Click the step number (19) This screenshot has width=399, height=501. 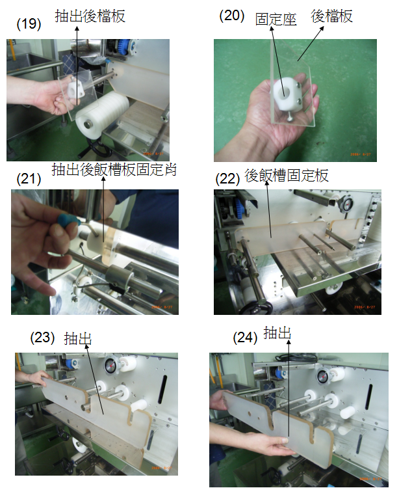pos(29,24)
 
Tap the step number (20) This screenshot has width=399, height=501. pos(232,16)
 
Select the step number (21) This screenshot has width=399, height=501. pos(29,179)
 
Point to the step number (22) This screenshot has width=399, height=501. pos(227,179)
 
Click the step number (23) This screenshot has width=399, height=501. pos(42,338)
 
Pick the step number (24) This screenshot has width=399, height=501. pos(245,338)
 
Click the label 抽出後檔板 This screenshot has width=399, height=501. pos(90,16)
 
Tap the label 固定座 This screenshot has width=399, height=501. pos(276,20)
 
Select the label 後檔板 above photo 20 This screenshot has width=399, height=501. pos(332,16)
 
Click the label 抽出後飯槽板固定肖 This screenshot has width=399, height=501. pos(114,169)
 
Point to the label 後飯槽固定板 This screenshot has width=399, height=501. pos(287,176)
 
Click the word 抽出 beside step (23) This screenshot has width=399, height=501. pos(78,339)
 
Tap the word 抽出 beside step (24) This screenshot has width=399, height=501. pos(277,333)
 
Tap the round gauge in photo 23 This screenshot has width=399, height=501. pos(110,365)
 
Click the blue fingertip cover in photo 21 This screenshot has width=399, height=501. pos(68,221)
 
